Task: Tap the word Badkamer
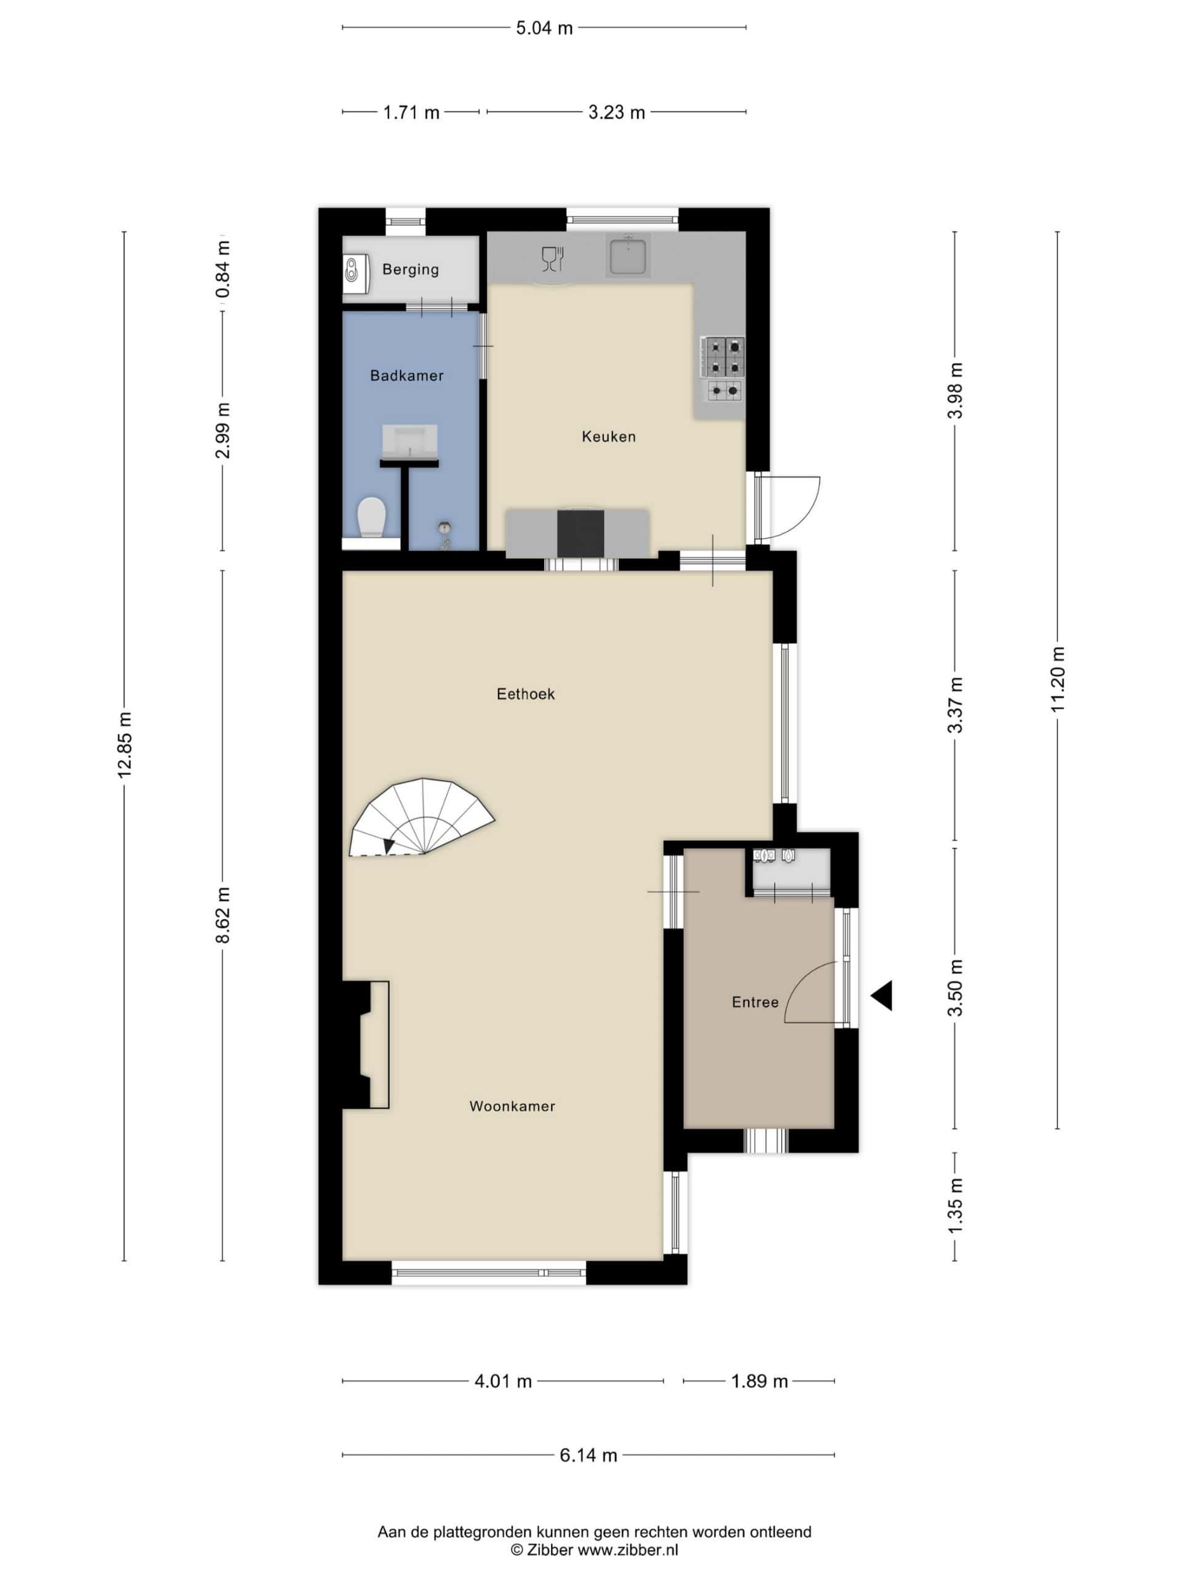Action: click(407, 376)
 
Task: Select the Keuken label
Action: click(608, 436)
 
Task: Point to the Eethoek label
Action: click(526, 694)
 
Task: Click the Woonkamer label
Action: click(512, 1106)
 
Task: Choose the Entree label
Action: click(755, 1002)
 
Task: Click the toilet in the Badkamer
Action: click(371, 517)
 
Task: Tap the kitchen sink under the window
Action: click(627, 257)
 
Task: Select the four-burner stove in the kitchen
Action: click(723, 356)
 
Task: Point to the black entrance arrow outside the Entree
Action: click(882, 995)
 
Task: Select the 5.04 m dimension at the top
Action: click(544, 28)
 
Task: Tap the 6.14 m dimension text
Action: click(588, 1455)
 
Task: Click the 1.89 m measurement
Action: click(760, 1381)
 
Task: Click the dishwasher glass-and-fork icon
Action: click(553, 259)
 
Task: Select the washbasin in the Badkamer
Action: click(409, 442)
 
